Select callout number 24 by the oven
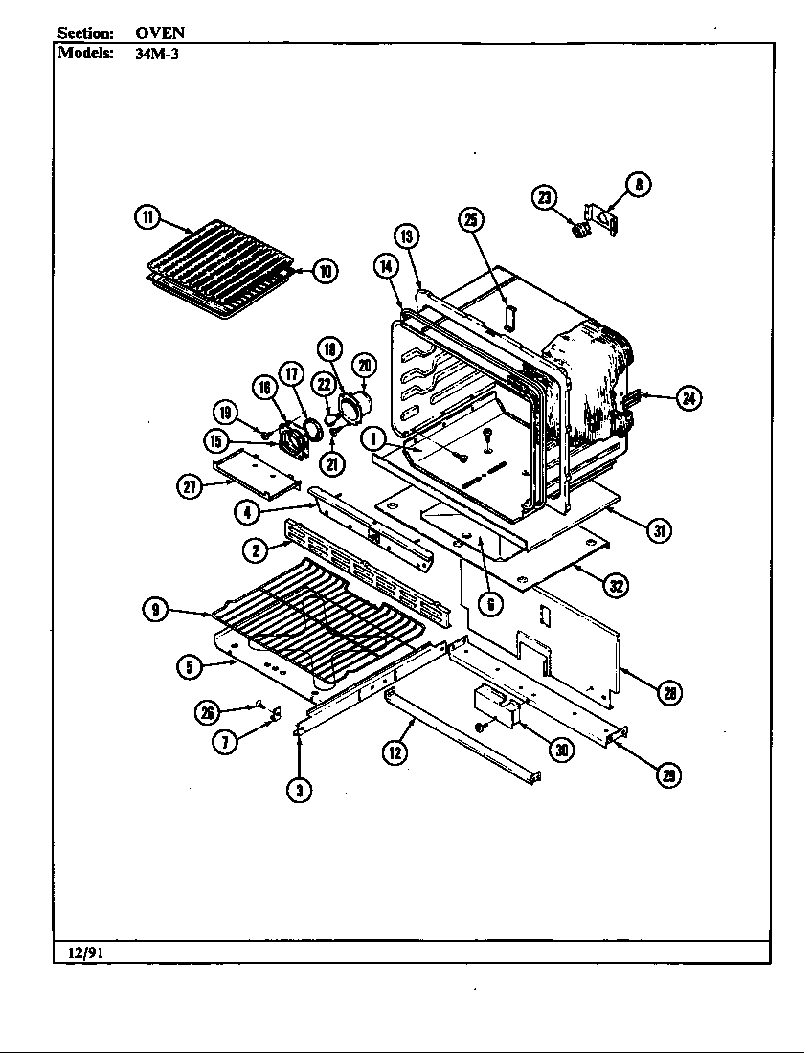[x=688, y=399]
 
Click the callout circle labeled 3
[x=300, y=790]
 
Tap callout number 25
[x=471, y=221]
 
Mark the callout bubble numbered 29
[x=666, y=776]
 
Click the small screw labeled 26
[x=259, y=706]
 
